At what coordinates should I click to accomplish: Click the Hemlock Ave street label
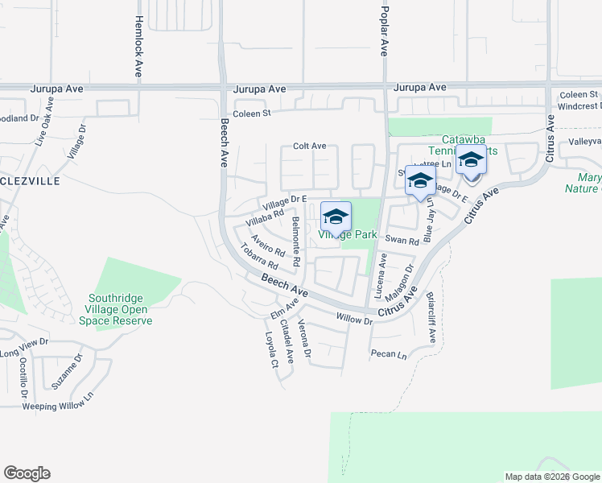pos(139,47)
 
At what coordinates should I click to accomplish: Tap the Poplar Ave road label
pos(384,29)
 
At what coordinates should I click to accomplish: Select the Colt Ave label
pos(309,146)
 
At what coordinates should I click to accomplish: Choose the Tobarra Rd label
pos(258,256)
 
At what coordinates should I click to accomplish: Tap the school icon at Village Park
pos(336,217)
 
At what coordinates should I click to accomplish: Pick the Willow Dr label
pos(355,320)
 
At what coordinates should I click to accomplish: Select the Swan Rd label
pos(402,240)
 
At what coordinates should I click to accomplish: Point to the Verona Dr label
pos(303,340)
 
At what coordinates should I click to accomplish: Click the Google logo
pos(27,473)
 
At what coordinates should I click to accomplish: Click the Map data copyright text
pos(552,477)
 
